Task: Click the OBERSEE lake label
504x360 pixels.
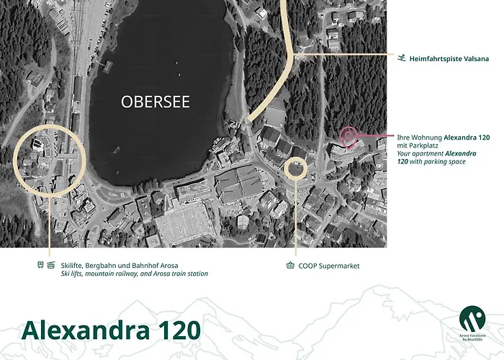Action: [156, 102]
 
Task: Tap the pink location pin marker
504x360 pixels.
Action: [347, 135]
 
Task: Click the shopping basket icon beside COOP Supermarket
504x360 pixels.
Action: [290, 266]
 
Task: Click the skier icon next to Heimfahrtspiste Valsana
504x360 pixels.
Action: [400, 58]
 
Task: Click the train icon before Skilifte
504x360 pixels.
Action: [40, 266]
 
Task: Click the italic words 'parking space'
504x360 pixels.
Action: [444, 162]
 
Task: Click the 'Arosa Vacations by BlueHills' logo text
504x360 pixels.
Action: [472, 337]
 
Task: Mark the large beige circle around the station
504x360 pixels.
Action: [50, 159]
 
